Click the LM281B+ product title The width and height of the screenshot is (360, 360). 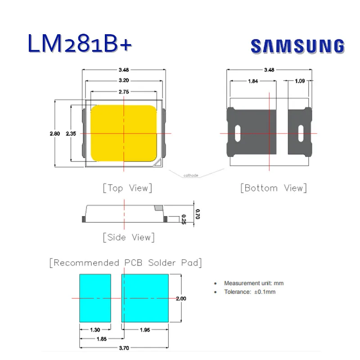[x=80, y=44]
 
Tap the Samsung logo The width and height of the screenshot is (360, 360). [x=297, y=46]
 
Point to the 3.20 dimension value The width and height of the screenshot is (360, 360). [x=124, y=81]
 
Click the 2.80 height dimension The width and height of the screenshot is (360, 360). [x=55, y=134]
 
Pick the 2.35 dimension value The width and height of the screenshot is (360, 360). [x=71, y=134]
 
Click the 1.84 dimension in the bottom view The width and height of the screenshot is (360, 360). [x=253, y=81]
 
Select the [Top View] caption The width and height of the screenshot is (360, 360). [x=127, y=188]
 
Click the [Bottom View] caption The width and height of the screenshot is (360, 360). [x=274, y=188]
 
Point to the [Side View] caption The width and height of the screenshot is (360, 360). [x=128, y=237]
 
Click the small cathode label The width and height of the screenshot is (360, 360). [x=191, y=175]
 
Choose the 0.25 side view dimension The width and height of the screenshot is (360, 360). [x=184, y=219]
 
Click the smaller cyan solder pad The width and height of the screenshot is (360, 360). [x=95, y=298]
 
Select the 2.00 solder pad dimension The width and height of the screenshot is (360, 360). [x=181, y=298]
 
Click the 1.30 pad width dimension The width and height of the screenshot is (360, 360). [x=95, y=330]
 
